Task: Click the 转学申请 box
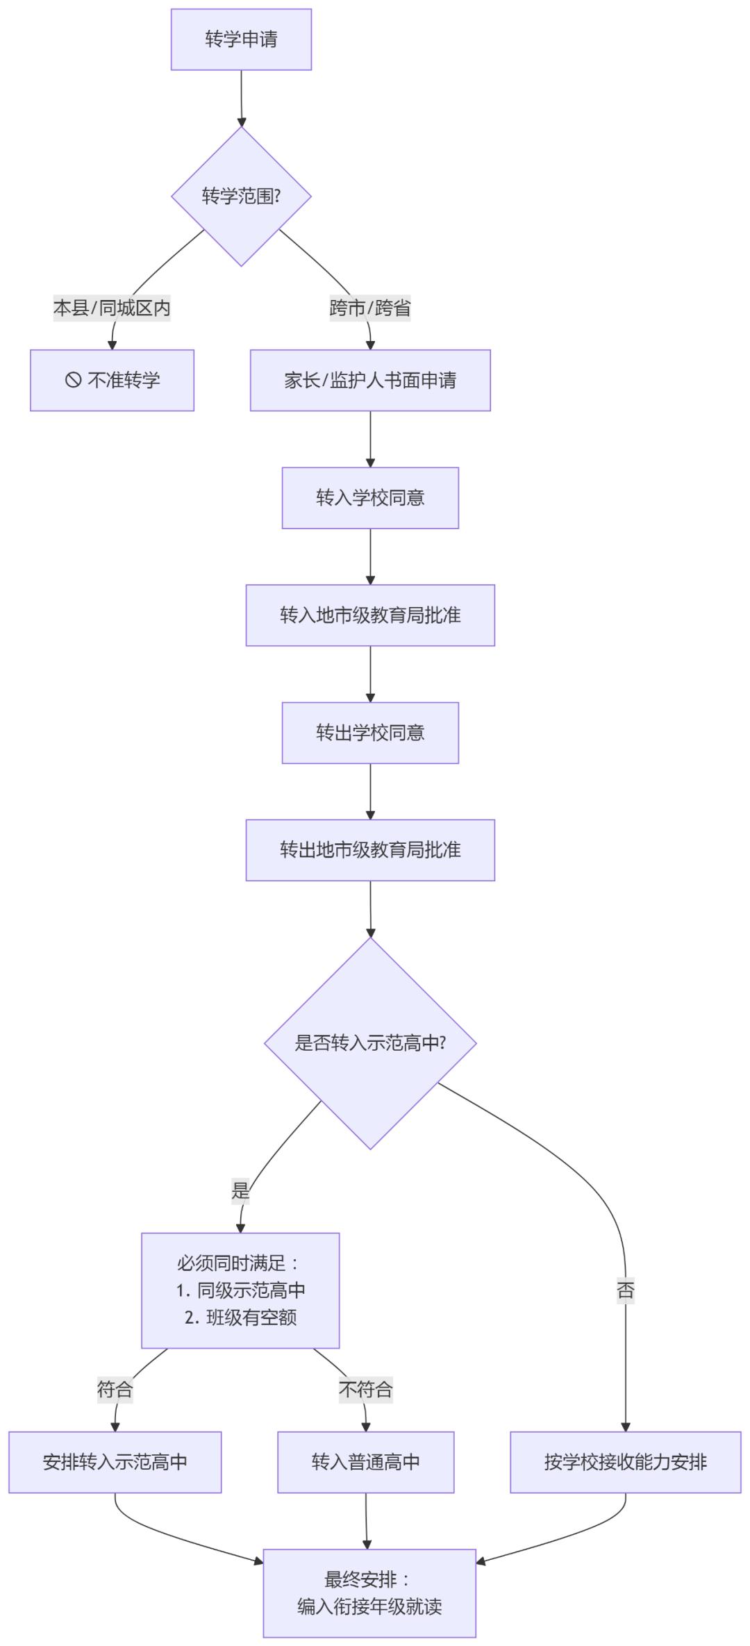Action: click(241, 40)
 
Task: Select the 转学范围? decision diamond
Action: click(241, 197)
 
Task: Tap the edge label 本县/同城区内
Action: click(112, 308)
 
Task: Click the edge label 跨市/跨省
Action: click(369, 308)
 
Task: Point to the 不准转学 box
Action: click(112, 381)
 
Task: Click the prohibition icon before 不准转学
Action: click(74, 380)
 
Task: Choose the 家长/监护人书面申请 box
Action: click(370, 381)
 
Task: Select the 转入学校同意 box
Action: click(370, 498)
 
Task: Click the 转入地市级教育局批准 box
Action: click(370, 615)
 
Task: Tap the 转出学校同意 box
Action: click(370, 733)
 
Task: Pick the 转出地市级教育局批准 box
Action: click(370, 850)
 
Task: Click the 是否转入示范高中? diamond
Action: click(370, 1043)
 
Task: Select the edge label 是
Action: click(240, 1191)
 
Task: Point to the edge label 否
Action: click(625, 1290)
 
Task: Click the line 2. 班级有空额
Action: click(240, 1317)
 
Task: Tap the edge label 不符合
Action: click(365, 1389)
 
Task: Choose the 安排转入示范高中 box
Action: click(115, 1462)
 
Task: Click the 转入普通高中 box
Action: click(366, 1462)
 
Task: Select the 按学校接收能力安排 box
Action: click(625, 1462)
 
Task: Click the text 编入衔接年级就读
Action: click(369, 1606)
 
